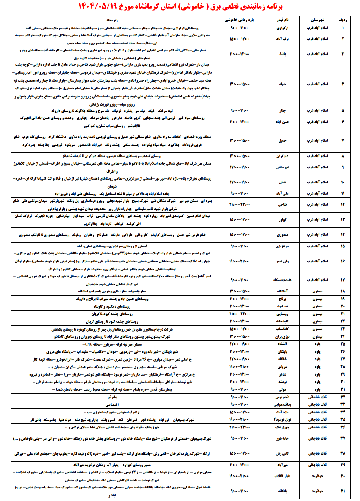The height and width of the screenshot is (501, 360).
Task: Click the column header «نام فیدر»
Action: [282, 20]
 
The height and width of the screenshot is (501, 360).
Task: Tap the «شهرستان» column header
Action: [317, 20]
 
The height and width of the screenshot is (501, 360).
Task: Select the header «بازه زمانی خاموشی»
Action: [239, 20]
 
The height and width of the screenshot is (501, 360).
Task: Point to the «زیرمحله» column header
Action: [112, 20]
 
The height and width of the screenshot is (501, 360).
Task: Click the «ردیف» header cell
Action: [343, 20]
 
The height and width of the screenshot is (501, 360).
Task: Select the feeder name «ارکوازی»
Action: [282, 28]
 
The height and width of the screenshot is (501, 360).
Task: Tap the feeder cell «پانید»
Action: [282, 54]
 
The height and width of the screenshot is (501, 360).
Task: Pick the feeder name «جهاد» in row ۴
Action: [282, 84]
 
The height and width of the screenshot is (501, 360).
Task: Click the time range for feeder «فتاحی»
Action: [239, 205]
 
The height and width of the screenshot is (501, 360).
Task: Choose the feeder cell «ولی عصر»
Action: [282, 261]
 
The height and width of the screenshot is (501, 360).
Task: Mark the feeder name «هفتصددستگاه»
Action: [282, 280]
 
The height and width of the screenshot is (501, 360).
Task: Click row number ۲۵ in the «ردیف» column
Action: [343, 344]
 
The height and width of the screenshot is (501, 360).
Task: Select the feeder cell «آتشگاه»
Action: [282, 344]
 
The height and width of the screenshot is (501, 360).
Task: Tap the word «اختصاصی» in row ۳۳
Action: [112, 405]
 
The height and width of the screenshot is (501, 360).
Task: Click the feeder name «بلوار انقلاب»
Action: [282, 476]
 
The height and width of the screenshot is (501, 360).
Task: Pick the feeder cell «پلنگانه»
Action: [282, 491]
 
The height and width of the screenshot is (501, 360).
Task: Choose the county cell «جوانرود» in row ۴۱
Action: [317, 491]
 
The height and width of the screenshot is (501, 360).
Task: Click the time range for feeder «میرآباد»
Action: [239, 465]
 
